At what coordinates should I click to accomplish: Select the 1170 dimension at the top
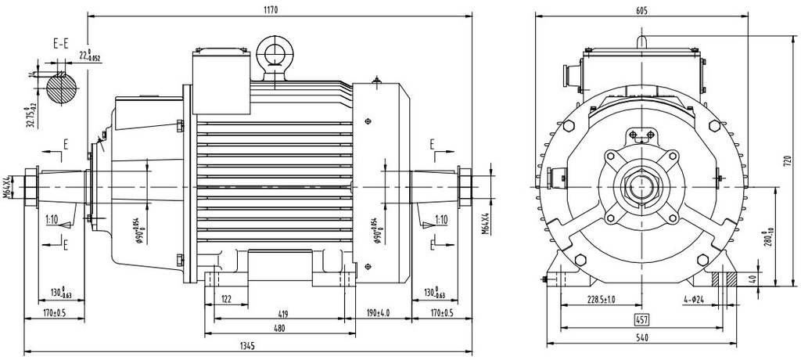coord(271,9)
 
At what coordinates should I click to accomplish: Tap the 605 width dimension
coord(641,9)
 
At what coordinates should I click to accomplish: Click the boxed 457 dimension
coord(641,321)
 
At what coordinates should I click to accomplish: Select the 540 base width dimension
coord(641,338)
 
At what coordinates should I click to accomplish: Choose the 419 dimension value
coord(282,314)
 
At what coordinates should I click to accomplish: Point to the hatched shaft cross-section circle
coord(62,88)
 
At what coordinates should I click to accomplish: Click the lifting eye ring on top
coord(275,53)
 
